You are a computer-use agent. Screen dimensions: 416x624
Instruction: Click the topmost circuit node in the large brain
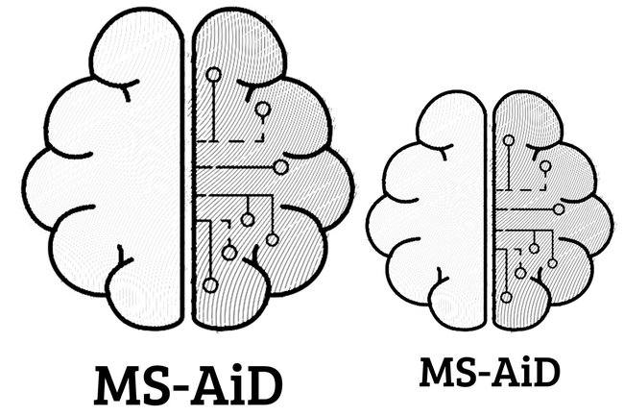[x=213, y=74]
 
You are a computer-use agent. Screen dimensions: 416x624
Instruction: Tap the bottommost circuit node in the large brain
[x=228, y=253]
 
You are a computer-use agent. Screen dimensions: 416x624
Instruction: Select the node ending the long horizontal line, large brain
[x=280, y=167]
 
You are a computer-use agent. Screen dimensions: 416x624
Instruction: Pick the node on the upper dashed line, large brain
[x=261, y=110]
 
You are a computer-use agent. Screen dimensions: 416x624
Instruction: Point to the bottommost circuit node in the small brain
[x=519, y=272]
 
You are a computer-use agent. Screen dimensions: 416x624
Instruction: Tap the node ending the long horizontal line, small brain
[x=559, y=208]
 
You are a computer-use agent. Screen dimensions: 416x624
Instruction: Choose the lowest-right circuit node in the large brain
[x=272, y=239]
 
